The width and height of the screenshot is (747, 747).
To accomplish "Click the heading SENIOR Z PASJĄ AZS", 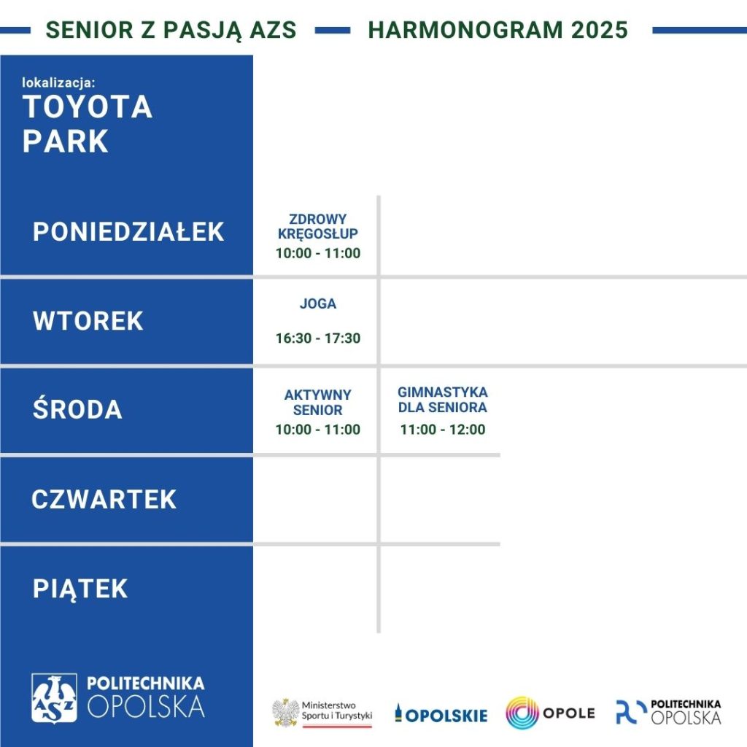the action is (x=171, y=30).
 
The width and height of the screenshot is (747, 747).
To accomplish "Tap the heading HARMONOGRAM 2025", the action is (x=498, y=29).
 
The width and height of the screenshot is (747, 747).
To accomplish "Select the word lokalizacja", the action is (x=58, y=82).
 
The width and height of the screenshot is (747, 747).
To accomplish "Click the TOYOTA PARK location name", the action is (x=88, y=123).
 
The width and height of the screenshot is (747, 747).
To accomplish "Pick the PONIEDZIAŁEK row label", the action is (x=128, y=232).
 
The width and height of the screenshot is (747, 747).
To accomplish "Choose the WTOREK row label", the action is (x=88, y=321).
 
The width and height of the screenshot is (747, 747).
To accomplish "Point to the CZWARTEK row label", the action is (x=104, y=499).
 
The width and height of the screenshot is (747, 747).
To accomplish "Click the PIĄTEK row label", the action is (x=80, y=589).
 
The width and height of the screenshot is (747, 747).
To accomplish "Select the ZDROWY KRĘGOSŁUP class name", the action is (x=318, y=226).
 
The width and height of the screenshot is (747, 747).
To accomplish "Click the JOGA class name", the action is (x=318, y=303).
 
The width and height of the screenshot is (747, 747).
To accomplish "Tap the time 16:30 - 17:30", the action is (x=318, y=338).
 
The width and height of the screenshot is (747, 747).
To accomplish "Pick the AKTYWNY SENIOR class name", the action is (x=318, y=402).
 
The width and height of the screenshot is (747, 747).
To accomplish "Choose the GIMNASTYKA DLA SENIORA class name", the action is (x=443, y=400).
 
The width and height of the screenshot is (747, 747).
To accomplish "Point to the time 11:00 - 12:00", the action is (x=443, y=430).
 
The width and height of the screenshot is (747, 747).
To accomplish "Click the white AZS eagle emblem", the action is (x=54, y=698).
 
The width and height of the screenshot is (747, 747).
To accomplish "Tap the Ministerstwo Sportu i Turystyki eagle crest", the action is (x=286, y=712).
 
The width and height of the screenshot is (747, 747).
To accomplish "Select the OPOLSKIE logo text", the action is (x=441, y=714).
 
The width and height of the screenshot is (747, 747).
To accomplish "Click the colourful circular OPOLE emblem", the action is (x=522, y=713).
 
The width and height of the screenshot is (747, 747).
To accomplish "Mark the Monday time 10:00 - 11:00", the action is (x=318, y=253).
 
